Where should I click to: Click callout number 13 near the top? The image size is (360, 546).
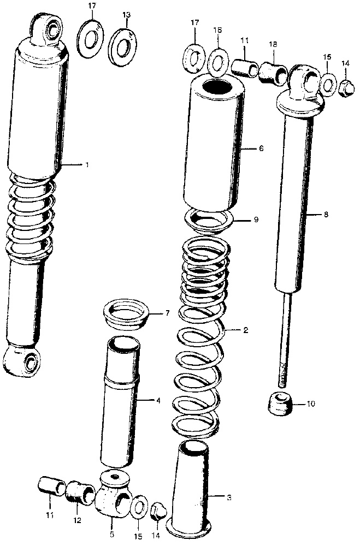click(127, 15)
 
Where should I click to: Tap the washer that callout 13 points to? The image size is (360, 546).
click(122, 45)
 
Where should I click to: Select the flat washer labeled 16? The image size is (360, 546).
click(218, 63)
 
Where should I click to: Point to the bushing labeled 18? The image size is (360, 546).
click(273, 73)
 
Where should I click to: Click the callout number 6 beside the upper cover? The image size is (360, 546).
click(261, 149)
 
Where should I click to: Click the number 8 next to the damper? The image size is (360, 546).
click(326, 215)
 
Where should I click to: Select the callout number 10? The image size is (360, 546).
click(311, 404)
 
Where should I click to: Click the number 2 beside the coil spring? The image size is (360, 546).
click(246, 330)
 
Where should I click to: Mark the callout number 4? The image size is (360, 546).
click(158, 401)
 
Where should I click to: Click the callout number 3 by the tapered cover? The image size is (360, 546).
click(229, 497)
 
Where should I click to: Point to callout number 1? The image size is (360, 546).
click(87, 164)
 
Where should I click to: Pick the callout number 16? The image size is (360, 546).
click(217, 31)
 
